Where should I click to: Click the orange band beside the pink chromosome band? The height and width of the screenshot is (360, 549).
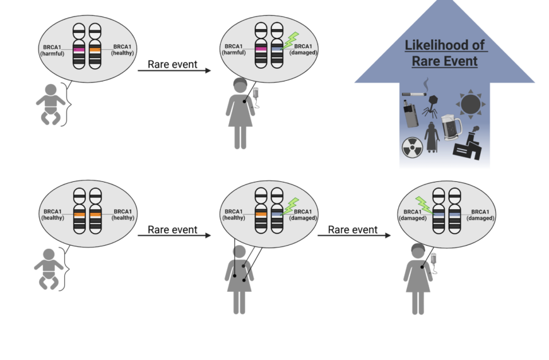[x=95, y=49]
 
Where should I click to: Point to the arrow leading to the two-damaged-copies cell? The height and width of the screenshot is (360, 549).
[x=353, y=236]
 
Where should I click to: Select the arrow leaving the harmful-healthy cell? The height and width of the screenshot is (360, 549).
[x=174, y=70]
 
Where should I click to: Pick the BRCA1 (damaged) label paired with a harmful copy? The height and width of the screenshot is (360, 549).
[x=304, y=50]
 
